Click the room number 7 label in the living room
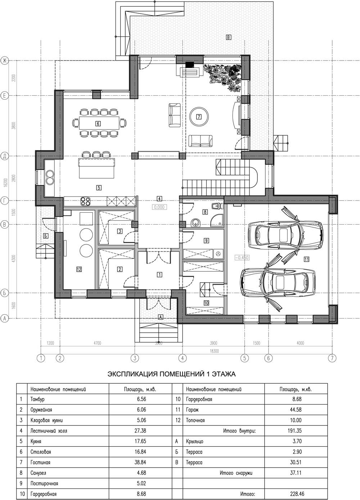(198, 117)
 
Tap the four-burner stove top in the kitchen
(85, 201)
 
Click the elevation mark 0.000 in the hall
(159, 207)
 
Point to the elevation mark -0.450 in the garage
(242, 258)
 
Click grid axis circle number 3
(135, 358)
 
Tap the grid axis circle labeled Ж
(4, 60)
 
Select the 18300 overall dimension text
(214, 351)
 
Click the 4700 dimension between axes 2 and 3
(97, 343)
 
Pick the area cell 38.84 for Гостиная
(140, 462)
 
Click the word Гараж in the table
(192, 410)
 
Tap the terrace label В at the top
(228, 37)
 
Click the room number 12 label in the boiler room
(79, 269)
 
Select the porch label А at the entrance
(160, 317)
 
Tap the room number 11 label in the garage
(306, 259)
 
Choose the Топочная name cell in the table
(195, 420)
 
